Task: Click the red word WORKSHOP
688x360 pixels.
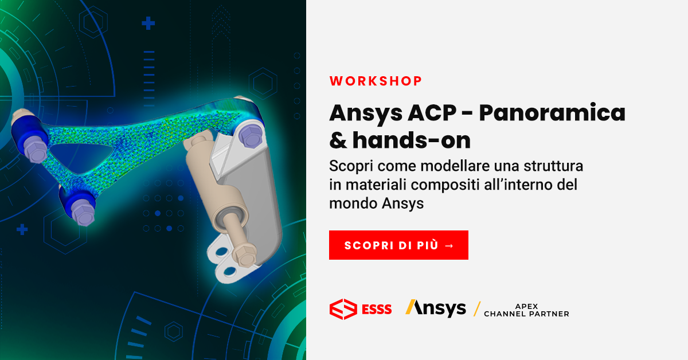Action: coord(376,81)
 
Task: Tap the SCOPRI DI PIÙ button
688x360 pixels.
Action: coord(398,245)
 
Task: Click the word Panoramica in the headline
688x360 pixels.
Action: coord(552,113)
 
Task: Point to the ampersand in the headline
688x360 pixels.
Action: coord(338,139)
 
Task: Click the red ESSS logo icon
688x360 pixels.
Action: coord(343,309)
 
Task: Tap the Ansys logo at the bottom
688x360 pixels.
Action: coord(436,308)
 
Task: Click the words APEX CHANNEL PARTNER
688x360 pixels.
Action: coord(526,310)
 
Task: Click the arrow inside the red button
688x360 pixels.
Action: coord(449,245)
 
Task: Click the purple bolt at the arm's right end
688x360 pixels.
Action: coord(249,135)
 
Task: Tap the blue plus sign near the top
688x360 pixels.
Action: coord(148,24)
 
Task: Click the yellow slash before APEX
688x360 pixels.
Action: coord(476,309)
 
